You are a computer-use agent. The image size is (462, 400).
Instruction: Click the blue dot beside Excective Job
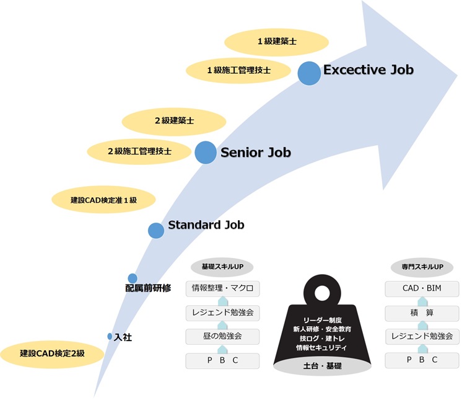(309, 73)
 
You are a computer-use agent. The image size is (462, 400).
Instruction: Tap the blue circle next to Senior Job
(206, 152)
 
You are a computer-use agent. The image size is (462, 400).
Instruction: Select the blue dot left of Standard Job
(156, 230)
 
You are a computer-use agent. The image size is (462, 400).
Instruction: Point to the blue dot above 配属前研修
(133, 278)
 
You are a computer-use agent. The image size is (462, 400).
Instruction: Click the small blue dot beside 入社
(110, 336)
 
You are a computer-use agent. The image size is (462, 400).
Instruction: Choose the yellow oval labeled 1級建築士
(276, 42)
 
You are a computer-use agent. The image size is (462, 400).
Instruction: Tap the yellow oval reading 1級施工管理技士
(238, 71)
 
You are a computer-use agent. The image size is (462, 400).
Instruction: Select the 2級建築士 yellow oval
(174, 121)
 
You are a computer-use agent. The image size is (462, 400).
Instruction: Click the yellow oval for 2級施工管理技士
(139, 151)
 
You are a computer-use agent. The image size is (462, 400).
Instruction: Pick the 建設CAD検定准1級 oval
(103, 200)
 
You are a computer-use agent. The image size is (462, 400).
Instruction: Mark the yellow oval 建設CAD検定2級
(52, 353)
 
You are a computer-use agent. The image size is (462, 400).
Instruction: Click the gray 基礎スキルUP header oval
(222, 267)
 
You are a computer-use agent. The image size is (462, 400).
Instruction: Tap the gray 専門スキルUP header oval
(422, 267)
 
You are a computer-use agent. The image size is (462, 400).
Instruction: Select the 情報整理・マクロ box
(222, 288)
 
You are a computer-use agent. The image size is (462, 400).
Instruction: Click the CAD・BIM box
(422, 288)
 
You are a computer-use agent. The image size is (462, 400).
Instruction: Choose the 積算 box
(422, 313)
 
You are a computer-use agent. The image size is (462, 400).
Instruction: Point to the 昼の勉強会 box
(222, 336)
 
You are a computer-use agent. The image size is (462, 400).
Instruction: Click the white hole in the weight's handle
(322, 293)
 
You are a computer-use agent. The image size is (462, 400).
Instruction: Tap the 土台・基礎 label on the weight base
(322, 366)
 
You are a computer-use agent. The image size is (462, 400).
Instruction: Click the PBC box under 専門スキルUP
(422, 360)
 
